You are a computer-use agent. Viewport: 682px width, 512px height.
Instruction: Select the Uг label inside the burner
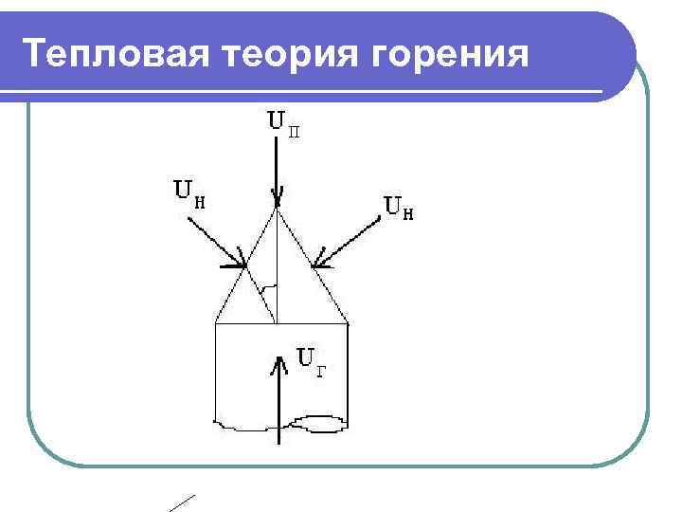[313, 359]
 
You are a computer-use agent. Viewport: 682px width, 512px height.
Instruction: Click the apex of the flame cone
[278, 210]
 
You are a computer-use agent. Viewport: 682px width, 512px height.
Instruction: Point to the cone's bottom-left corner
[216, 324]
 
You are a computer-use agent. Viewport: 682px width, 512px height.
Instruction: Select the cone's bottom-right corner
[349, 324]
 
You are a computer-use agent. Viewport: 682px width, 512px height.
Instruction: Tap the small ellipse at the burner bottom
[322, 422]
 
